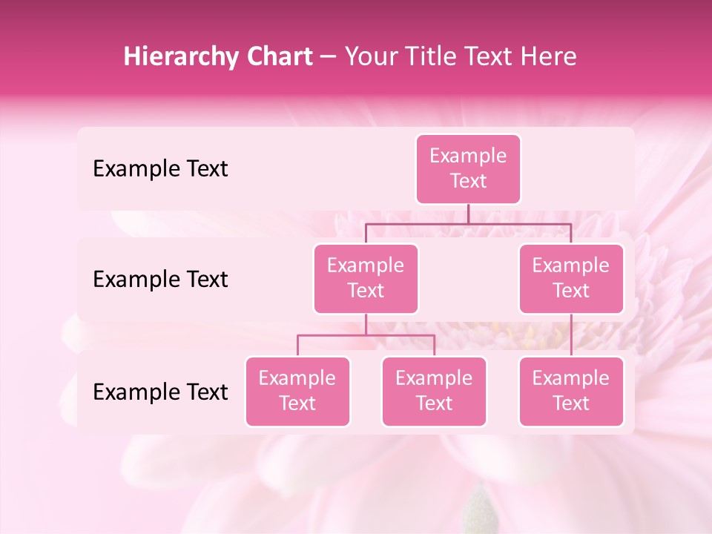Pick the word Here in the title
tap(549, 57)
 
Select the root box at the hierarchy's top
tap(468, 169)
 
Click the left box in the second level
tap(366, 279)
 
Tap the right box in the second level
tap(571, 279)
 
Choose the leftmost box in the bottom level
tap(297, 392)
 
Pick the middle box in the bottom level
tap(434, 392)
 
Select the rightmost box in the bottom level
tap(571, 392)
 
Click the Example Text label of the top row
tap(160, 169)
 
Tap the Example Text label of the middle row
tap(160, 280)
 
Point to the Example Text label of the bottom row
tap(160, 392)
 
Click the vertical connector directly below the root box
tap(468, 214)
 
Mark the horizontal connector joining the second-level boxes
tap(468, 223)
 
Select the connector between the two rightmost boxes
tap(571, 335)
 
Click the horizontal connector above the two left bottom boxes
tap(366, 335)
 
